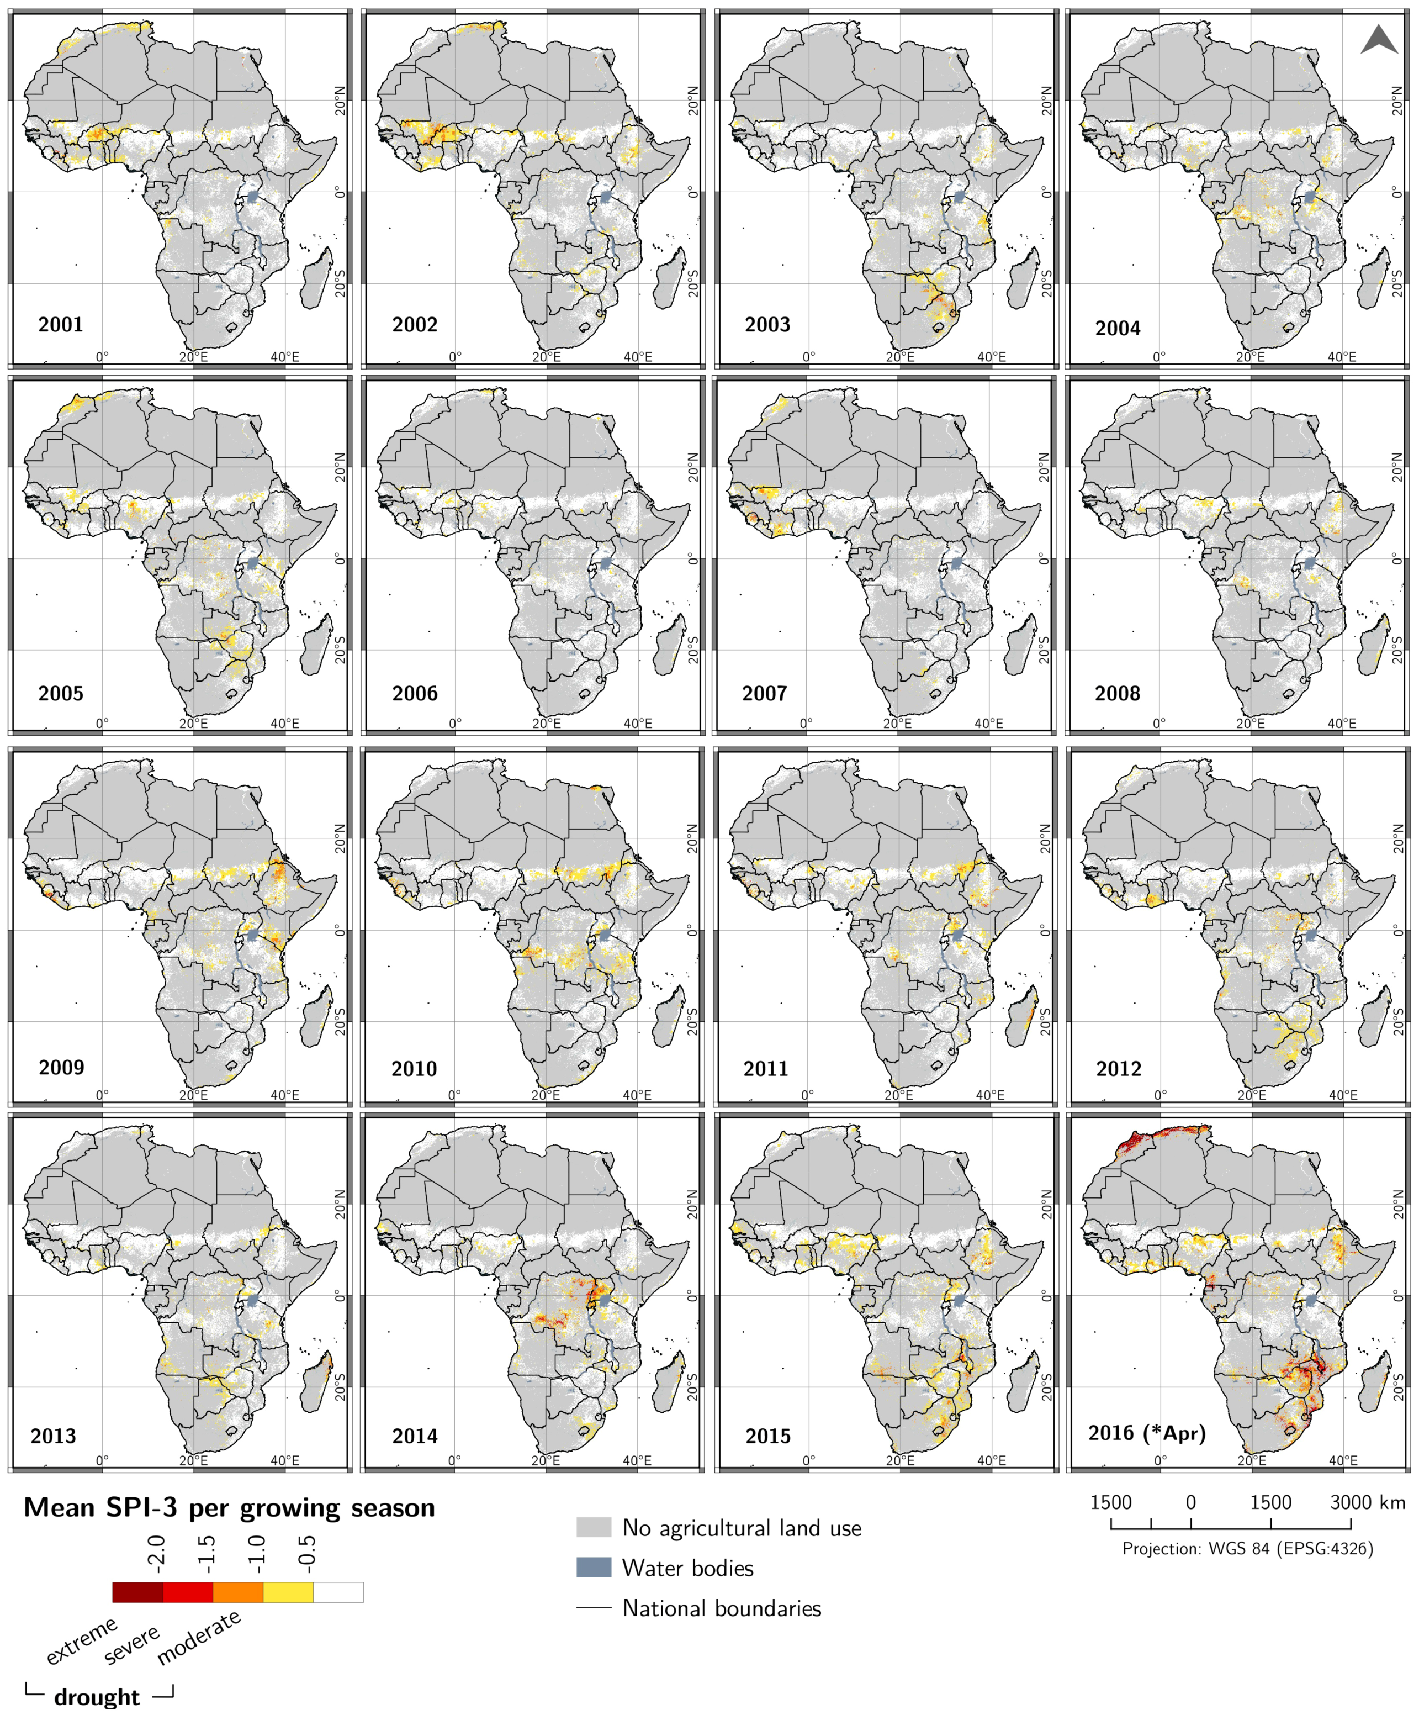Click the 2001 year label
tap(60, 324)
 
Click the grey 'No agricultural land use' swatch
tap(594, 1527)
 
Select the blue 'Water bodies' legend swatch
tap(594, 1567)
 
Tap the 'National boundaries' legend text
tap(722, 1608)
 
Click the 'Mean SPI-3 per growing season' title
tap(230, 1507)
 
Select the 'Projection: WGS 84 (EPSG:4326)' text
tap(1247, 1548)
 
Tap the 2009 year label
tap(61, 1067)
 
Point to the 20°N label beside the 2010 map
tap(692, 838)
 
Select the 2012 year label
tap(1119, 1068)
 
